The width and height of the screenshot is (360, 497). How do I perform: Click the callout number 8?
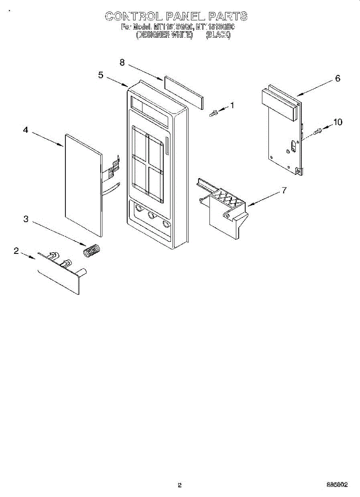point(122,62)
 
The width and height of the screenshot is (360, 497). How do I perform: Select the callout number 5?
point(101,75)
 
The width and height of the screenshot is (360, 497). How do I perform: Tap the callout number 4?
point(26,130)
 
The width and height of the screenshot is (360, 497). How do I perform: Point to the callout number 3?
point(26,219)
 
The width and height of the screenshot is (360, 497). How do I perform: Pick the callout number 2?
point(16,251)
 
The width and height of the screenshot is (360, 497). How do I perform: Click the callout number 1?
point(232,105)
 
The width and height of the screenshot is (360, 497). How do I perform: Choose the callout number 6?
point(338,78)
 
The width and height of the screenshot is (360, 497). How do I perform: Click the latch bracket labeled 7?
point(226,211)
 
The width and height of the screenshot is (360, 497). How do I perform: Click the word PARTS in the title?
point(227,17)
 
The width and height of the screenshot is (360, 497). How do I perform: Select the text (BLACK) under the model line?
point(218,35)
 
